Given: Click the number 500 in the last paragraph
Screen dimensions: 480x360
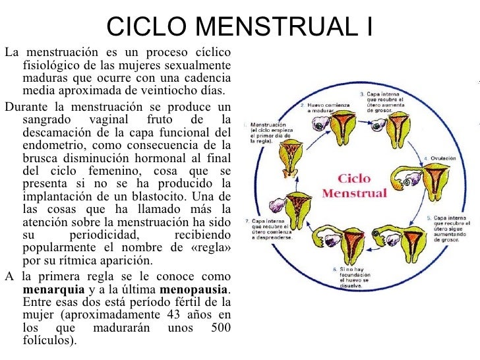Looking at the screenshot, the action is coord(220,328).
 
